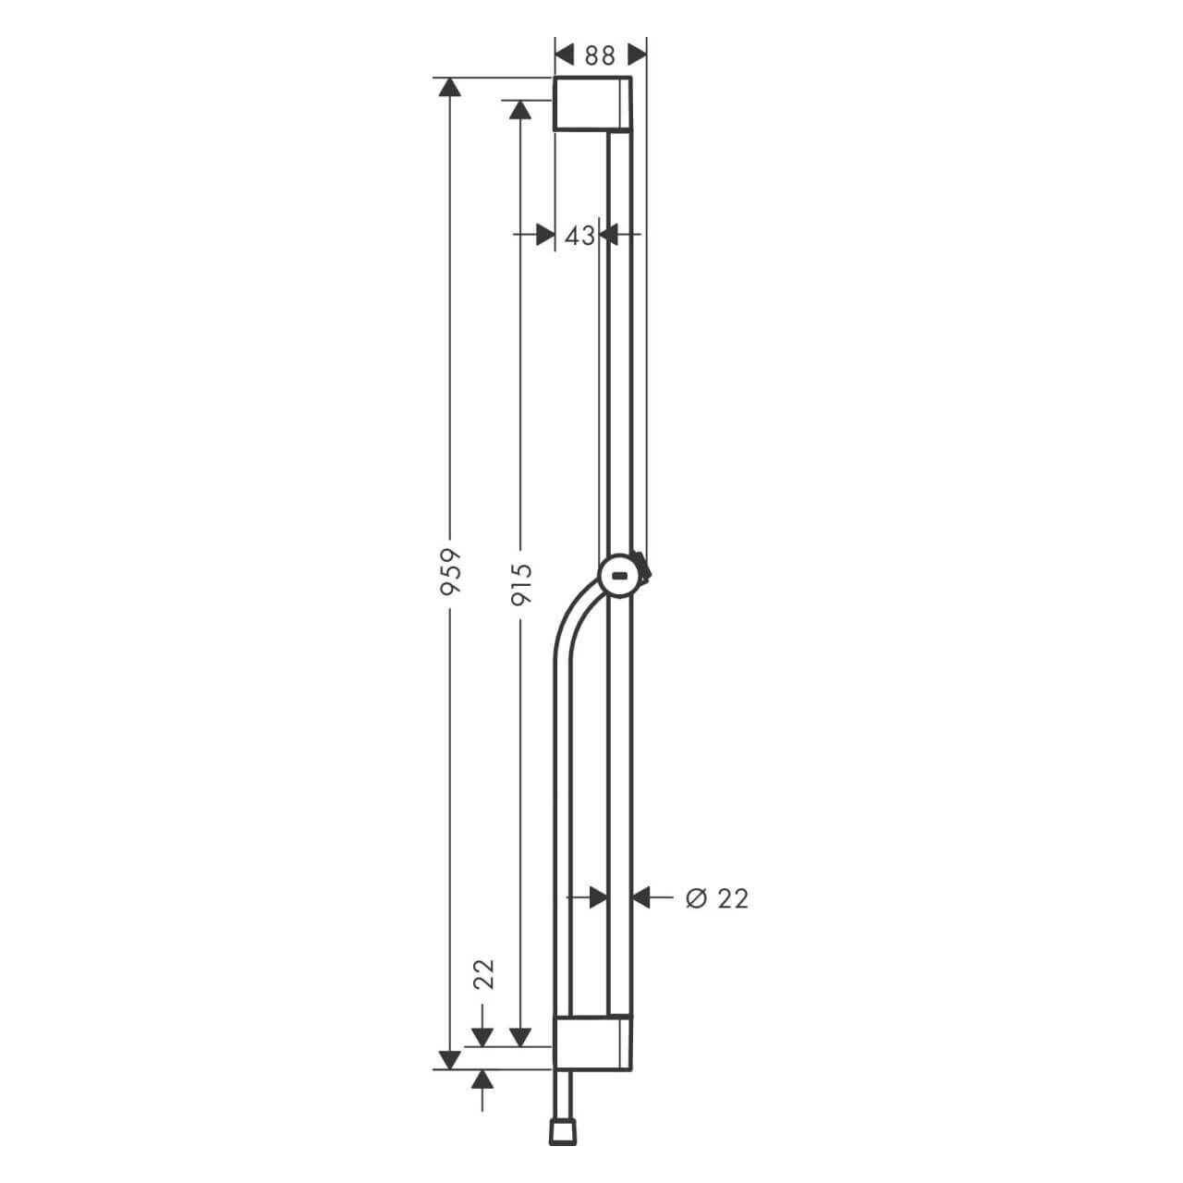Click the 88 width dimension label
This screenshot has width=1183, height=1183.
[x=600, y=55]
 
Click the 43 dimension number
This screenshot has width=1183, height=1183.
[x=579, y=236]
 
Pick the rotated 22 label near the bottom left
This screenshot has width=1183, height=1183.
[x=483, y=974]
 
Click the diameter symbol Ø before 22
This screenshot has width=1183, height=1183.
[x=696, y=897]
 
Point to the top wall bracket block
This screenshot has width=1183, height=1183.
[x=592, y=104]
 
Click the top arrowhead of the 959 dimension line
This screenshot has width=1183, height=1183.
[x=449, y=88]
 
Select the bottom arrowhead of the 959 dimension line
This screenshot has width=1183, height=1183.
[x=449, y=1059]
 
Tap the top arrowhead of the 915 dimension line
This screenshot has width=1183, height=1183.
[x=520, y=110]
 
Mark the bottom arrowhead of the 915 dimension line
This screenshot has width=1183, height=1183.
[x=520, y=1037]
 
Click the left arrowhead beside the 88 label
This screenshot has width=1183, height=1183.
[x=565, y=55]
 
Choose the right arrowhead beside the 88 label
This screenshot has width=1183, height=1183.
[x=636, y=55]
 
